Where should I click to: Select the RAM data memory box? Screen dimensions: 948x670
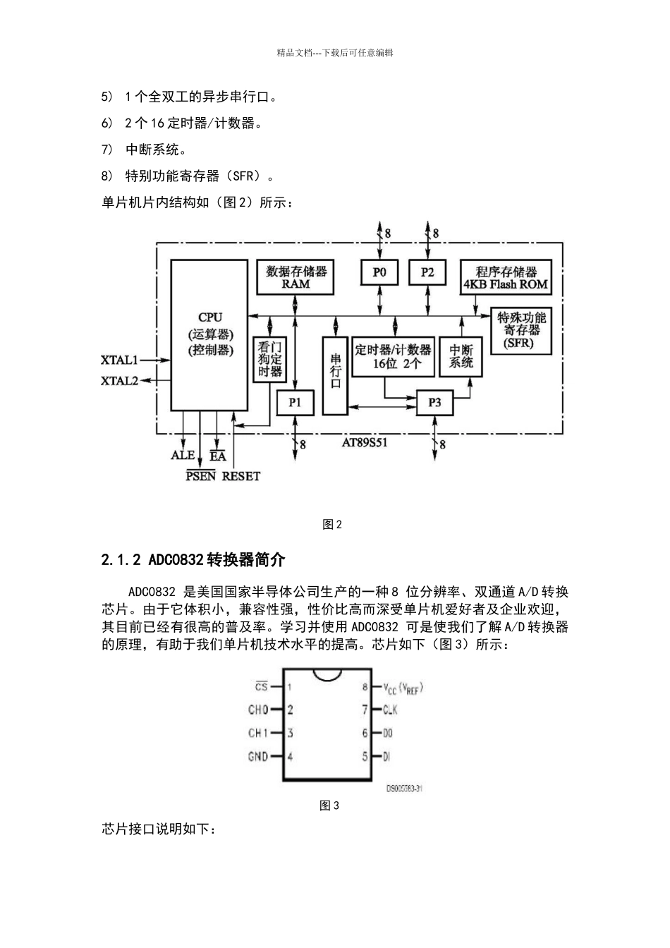pyautogui.click(x=296, y=277)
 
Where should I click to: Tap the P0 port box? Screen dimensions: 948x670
pyautogui.click(x=379, y=272)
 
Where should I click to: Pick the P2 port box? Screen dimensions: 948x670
pyautogui.click(x=427, y=272)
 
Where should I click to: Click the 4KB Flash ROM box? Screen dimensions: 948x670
pyautogui.click(x=505, y=278)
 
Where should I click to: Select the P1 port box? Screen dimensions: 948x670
pyautogui.click(x=295, y=402)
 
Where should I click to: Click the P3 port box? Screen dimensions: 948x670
pyautogui.click(x=434, y=402)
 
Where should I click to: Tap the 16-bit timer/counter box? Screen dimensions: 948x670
pyautogui.click(x=392, y=356)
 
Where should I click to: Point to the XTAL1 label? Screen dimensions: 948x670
pyautogui.click(x=119, y=360)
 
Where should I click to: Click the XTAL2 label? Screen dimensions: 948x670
pyautogui.click(x=119, y=381)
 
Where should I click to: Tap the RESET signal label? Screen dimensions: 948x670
pyautogui.click(x=241, y=476)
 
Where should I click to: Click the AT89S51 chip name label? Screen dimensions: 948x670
pyautogui.click(x=365, y=443)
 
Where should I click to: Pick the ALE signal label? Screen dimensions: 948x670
pyautogui.click(x=183, y=456)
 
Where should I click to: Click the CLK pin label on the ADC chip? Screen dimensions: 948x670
pyautogui.click(x=391, y=710)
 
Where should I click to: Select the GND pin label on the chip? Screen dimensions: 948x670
pyautogui.click(x=258, y=757)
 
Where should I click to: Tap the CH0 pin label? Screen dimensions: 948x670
pyautogui.click(x=258, y=710)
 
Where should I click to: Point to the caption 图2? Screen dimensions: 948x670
pyautogui.click(x=331, y=524)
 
